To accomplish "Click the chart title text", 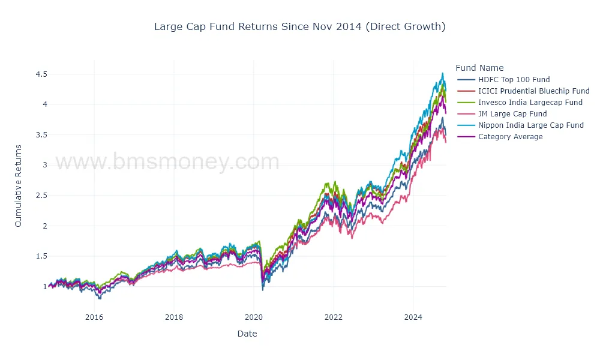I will (299, 26).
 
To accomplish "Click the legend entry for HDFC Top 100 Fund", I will (514, 80).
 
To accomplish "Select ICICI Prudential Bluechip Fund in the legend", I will (533, 91).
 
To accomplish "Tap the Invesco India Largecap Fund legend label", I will (530, 103).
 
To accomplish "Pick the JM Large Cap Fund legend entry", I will (512, 114).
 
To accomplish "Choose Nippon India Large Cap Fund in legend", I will (530, 125).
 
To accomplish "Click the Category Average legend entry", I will (510, 137).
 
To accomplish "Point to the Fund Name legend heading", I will (479, 68).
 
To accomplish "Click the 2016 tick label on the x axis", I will (94, 317).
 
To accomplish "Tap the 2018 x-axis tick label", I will (173, 317).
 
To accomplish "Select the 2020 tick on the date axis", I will (253, 317).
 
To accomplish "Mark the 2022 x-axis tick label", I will (333, 317).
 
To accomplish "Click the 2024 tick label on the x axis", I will (413, 317).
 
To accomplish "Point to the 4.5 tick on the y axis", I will (41, 74).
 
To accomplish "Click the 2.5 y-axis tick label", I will (41, 196).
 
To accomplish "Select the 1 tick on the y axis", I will (44, 287).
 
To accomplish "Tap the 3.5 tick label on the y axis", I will (41, 135).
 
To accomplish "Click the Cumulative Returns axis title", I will (18, 185).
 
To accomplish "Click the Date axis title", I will (247, 334).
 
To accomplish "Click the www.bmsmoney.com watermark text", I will (167, 162).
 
